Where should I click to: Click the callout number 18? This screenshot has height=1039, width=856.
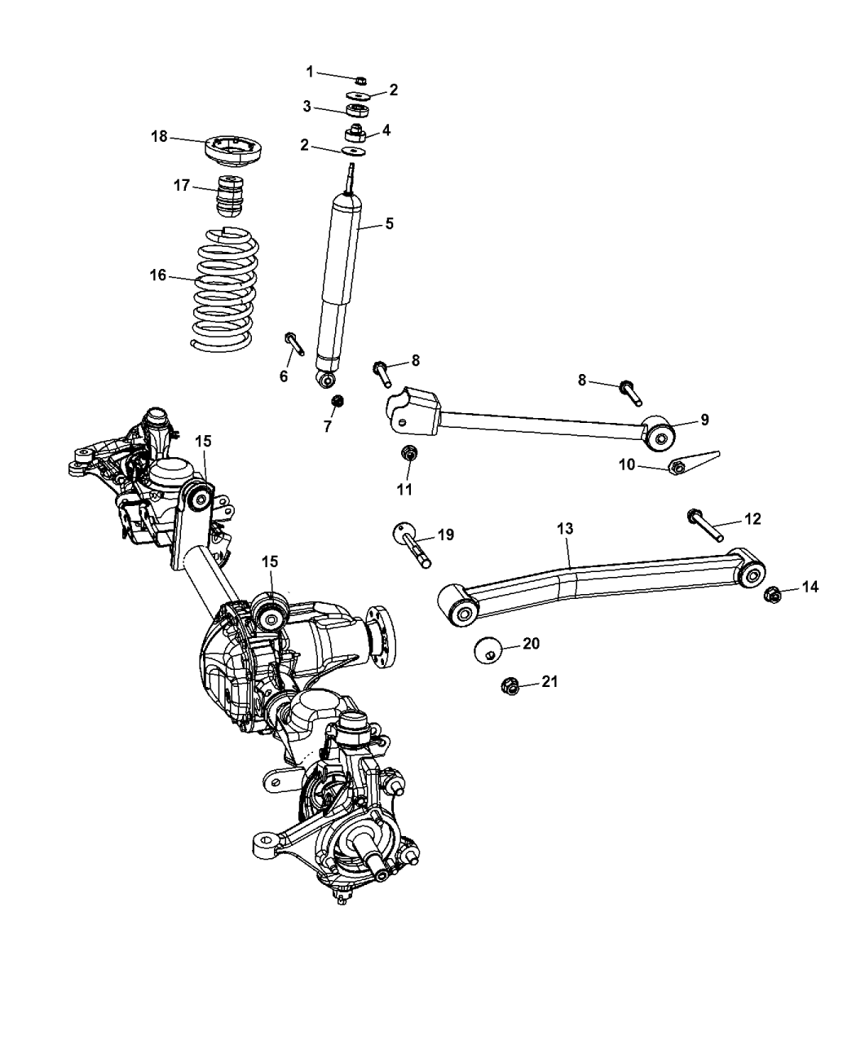click(158, 136)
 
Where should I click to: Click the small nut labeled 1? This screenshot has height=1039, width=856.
click(360, 80)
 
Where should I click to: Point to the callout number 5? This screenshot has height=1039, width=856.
click(389, 222)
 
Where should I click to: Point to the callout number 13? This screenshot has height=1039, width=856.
click(565, 529)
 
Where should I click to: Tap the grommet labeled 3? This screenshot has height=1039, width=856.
click(355, 111)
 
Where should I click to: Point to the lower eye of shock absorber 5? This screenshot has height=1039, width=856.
click(328, 380)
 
